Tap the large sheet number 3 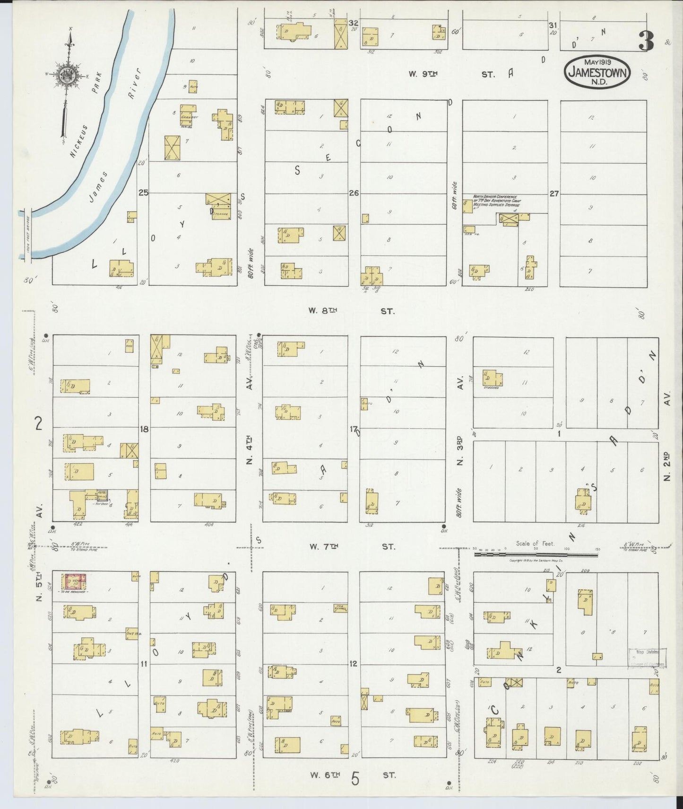(x=646, y=41)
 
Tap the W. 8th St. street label (x=351, y=311)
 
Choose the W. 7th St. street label (x=352, y=546)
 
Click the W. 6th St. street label (x=352, y=775)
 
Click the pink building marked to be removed (x=75, y=580)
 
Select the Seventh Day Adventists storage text (x=496, y=201)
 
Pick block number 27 (x=554, y=193)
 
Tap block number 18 (x=144, y=429)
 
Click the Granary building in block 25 (x=188, y=114)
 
